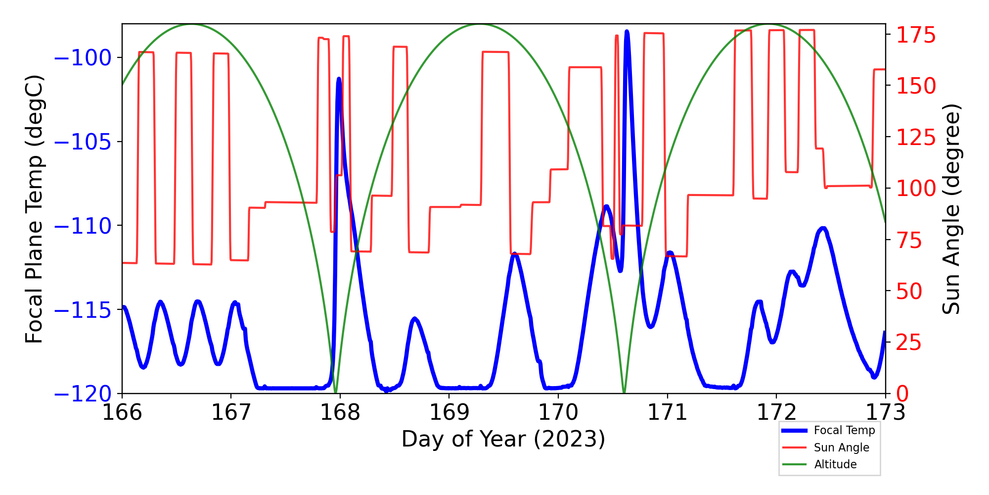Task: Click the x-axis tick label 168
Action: coord(340,412)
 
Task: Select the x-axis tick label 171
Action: coord(667,412)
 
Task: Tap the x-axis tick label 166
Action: coord(122,412)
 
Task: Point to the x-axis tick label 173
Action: coord(885,412)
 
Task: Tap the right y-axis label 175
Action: coord(916,35)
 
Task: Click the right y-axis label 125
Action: coord(916,137)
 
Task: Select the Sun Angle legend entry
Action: coord(841,447)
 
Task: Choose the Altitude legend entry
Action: coord(835,464)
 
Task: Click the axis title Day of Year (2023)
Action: coord(503,439)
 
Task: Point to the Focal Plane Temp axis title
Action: coord(35,209)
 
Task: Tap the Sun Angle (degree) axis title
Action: coord(950,209)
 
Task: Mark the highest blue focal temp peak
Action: coord(627,32)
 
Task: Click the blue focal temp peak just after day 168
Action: coord(339,79)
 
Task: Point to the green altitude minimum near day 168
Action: coord(335,392)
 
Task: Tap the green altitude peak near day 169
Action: coord(479,24)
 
